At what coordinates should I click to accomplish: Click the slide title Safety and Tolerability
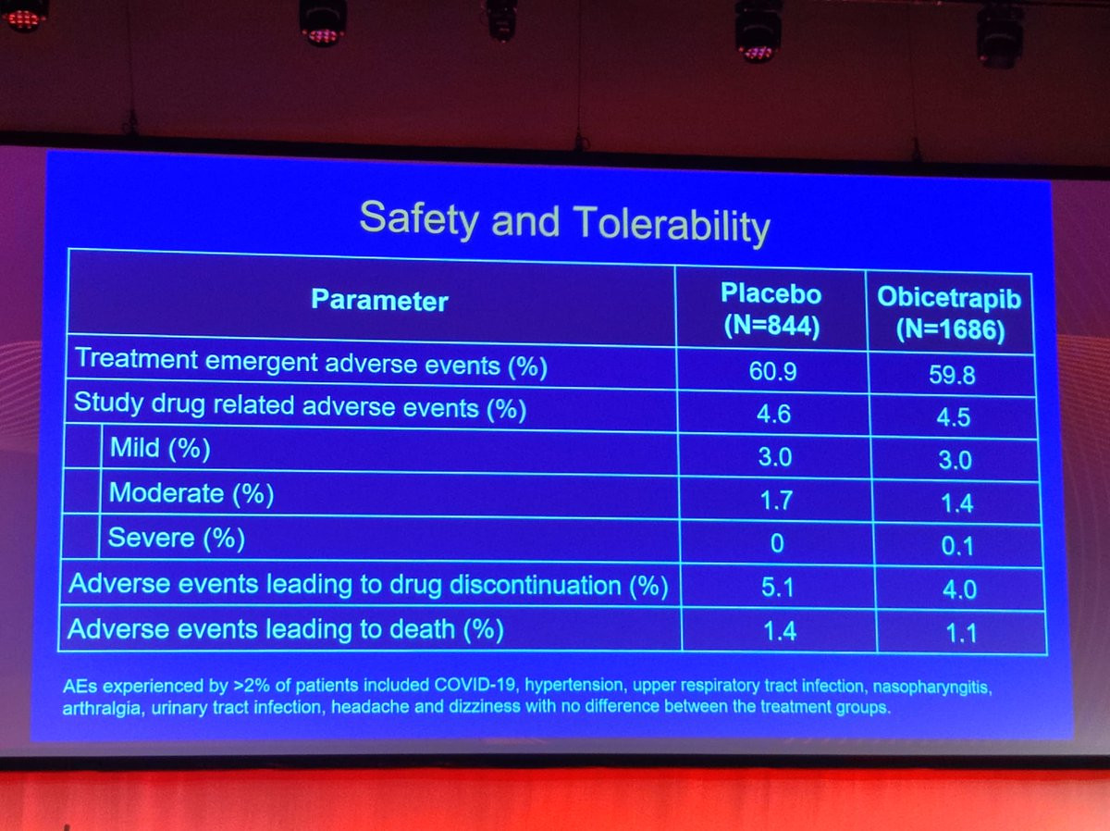[x=564, y=221]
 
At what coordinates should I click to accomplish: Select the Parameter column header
[x=379, y=300]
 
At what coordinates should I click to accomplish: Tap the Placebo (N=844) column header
[x=771, y=309]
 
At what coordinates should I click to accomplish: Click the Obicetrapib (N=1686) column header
[x=950, y=313]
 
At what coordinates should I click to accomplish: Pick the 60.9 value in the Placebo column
[x=772, y=371]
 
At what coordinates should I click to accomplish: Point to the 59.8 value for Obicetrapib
[x=952, y=376]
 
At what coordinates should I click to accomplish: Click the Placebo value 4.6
[x=773, y=415]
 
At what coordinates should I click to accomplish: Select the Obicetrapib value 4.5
[x=954, y=417]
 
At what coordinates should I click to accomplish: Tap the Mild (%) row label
[x=160, y=448]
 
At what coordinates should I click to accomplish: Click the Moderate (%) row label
[x=191, y=493]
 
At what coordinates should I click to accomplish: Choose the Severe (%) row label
[x=177, y=538]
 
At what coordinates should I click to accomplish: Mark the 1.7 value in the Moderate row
[x=776, y=501]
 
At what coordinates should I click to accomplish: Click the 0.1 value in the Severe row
[x=957, y=546]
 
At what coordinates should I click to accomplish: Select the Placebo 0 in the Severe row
[x=777, y=543]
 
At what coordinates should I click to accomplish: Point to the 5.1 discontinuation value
[x=778, y=588]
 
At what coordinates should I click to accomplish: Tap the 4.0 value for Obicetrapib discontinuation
[x=959, y=589]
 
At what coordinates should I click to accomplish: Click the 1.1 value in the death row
[x=961, y=633]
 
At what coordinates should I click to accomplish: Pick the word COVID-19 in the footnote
[x=475, y=685]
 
